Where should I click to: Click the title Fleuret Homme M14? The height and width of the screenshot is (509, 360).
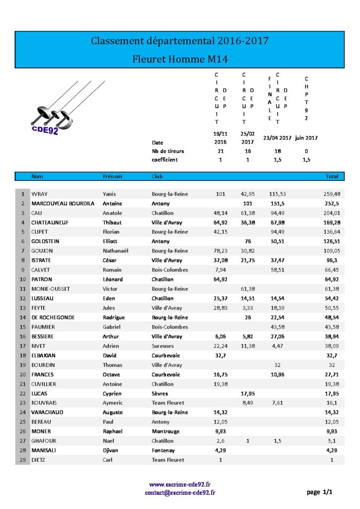pos(180,59)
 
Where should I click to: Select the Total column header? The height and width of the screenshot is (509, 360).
pos(332,176)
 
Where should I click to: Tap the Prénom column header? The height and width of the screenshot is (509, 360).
pos(112,176)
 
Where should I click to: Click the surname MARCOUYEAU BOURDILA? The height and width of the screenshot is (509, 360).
pos(63,203)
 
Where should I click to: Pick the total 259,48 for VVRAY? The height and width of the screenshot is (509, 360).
pos(332,194)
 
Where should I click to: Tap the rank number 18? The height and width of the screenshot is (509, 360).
pos(23,355)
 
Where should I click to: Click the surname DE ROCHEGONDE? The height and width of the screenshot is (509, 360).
pos(53,318)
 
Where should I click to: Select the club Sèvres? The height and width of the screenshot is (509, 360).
pos(160,394)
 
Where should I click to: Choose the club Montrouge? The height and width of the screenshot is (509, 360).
pos(166,431)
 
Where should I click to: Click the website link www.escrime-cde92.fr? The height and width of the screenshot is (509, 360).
pos(180,484)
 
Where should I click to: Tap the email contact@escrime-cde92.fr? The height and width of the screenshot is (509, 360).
pos(180,493)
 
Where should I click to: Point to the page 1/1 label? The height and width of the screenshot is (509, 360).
pos(319,492)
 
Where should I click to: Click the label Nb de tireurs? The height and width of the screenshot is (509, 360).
pos(168,151)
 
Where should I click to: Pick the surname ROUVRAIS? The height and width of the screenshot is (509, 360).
pos(46,403)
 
